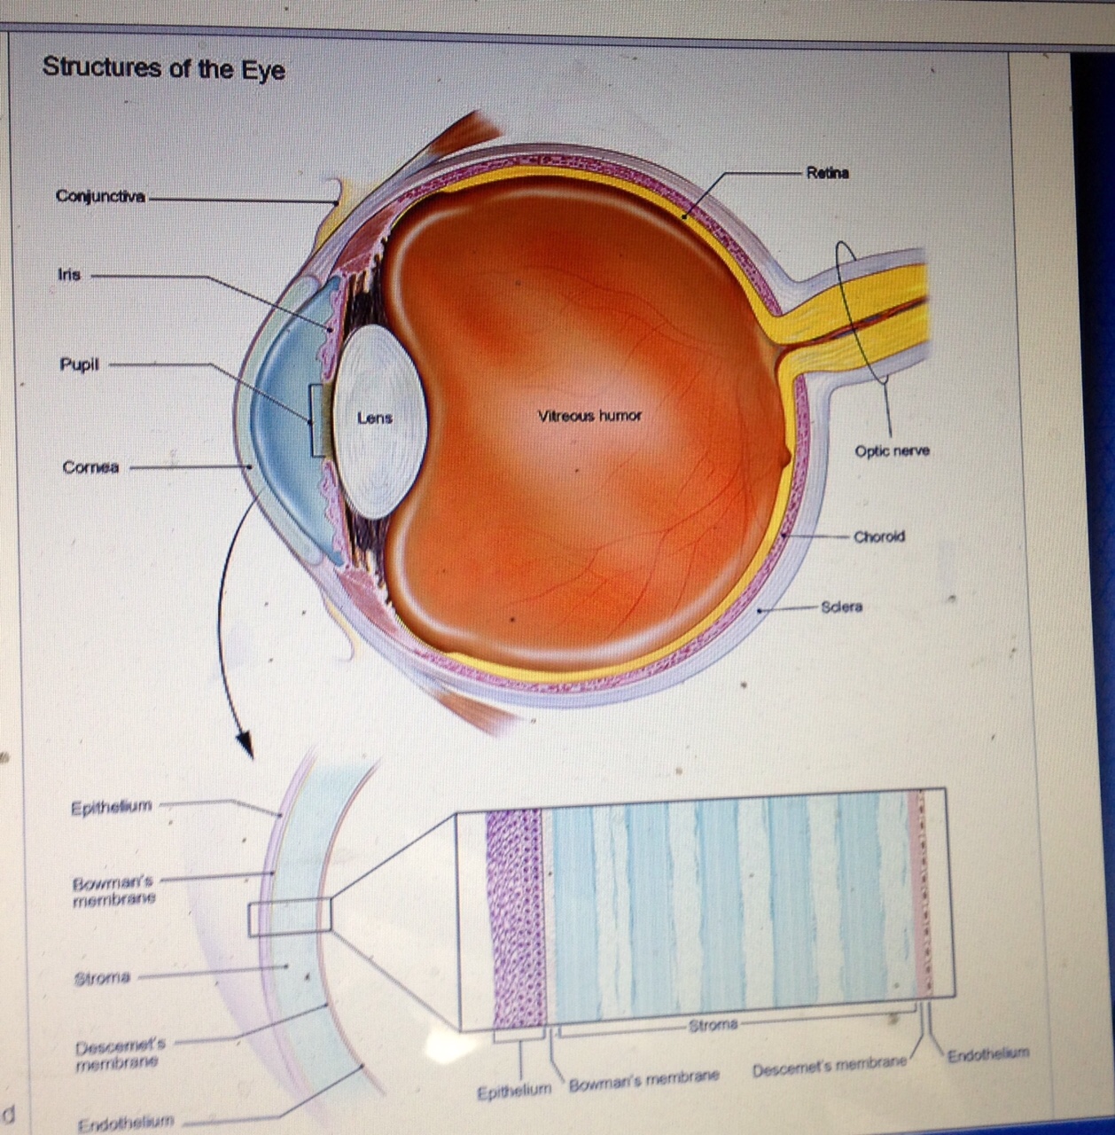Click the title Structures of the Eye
tap(164, 67)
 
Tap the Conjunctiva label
tap(100, 196)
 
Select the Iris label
tap(69, 275)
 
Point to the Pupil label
tap(79, 364)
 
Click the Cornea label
tap(90, 467)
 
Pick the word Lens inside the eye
tap(374, 418)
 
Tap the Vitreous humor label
tap(589, 415)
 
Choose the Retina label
tap(827, 173)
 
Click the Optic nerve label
tap(892, 450)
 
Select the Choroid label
tap(879, 536)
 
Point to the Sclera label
tap(841, 607)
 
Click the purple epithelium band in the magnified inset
tap(514, 918)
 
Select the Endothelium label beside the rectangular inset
tap(988, 1054)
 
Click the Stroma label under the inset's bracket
tap(713, 1024)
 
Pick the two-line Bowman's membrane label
tap(114, 890)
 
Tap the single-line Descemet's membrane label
tap(830, 1070)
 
